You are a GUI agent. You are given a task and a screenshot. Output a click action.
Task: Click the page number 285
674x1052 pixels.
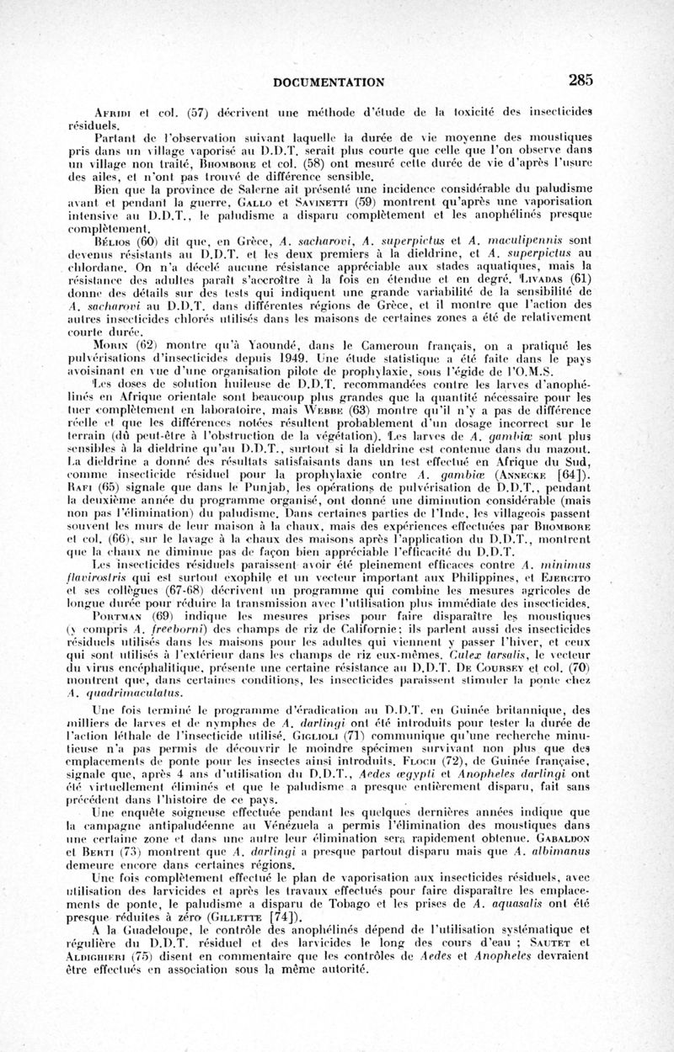tap(580, 80)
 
